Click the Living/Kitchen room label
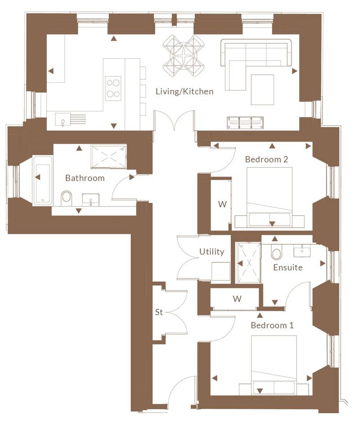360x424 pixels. click(x=184, y=91)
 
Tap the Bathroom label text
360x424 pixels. click(x=85, y=178)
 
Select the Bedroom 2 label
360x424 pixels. click(x=266, y=159)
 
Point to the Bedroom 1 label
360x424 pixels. click(x=272, y=325)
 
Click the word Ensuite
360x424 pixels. click(x=288, y=268)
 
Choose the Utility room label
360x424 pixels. click(x=211, y=252)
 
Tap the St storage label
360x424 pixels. click(x=159, y=312)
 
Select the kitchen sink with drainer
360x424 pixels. click(x=70, y=120)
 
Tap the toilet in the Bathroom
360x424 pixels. click(x=66, y=198)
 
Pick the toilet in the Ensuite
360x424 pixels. click(x=276, y=252)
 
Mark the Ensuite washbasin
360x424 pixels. click(x=302, y=251)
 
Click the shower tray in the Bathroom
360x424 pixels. click(x=108, y=156)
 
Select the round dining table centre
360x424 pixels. click(x=184, y=56)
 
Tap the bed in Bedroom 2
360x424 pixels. click(x=270, y=197)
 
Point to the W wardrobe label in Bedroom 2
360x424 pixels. click(x=222, y=204)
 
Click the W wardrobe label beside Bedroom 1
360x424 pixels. click(x=237, y=299)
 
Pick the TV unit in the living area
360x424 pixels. click(x=245, y=123)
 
